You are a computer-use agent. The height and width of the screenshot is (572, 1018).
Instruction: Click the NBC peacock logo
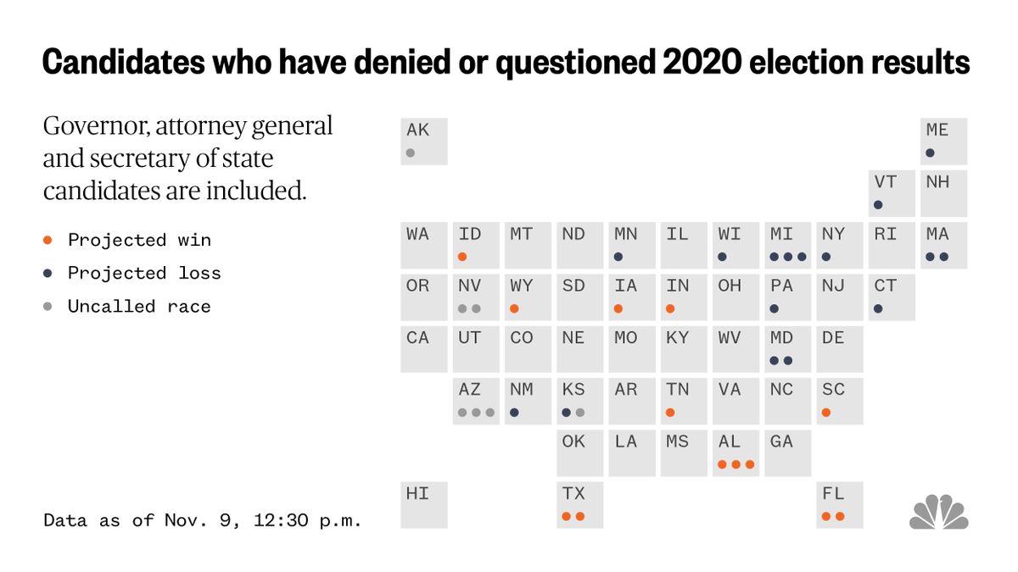click(939, 512)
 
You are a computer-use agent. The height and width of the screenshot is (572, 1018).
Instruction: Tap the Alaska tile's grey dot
click(411, 153)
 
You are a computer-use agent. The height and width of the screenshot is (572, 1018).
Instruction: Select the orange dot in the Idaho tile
click(462, 257)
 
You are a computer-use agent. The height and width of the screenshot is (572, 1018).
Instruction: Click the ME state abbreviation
click(937, 130)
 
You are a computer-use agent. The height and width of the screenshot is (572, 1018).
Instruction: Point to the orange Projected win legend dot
click(48, 240)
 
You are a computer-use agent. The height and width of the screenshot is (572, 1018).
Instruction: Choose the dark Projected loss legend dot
click(48, 273)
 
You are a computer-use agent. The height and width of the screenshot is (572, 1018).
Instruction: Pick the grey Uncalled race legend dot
click(48, 306)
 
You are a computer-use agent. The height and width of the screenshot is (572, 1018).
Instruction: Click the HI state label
click(417, 493)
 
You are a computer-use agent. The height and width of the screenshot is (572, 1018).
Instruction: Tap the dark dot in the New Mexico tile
click(514, 413)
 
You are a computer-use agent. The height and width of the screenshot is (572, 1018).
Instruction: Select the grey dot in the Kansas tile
click(580, 413)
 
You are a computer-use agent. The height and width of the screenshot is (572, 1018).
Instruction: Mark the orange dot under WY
click(514, 308)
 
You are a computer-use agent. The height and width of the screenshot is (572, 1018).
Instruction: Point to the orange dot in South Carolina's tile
click(826, 413)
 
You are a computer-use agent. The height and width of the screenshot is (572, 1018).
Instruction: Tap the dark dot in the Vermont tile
click(878, 205)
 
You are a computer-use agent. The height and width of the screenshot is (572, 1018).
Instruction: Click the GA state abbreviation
click(781, 441)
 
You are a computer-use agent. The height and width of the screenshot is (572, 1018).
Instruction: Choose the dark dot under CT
click(878, 308)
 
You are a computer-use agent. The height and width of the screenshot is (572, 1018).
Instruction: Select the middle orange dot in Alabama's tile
click(736, 464)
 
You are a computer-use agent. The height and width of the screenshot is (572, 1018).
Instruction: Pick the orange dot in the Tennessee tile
click(670, 413)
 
